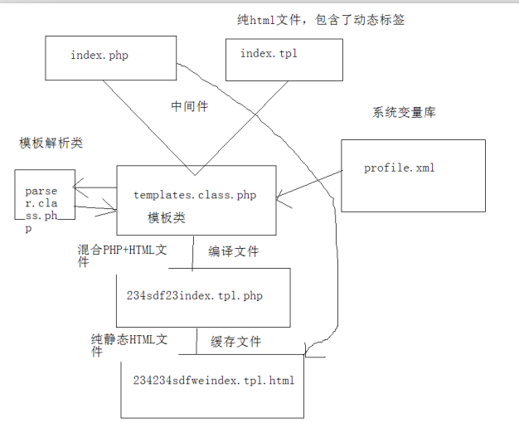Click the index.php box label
(99, 55)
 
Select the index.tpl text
(269, 53)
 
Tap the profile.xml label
(399, 168)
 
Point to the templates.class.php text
(195, 195)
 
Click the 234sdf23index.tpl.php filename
(195, 295)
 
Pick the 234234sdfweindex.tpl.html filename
(214, 380)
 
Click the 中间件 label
(190, 106)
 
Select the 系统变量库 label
(404, 113)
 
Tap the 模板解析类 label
(51, 143)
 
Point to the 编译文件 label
(233, 251)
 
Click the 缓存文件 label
(235, 342)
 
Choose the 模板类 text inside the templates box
(166, 217)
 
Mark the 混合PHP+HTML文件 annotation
(122, 255)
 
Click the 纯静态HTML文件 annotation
(129, 345)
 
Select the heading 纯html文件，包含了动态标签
(321, 20)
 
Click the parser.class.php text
(41, 209)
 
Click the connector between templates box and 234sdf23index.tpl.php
(193, 254)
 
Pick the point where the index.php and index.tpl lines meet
(195, 175)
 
